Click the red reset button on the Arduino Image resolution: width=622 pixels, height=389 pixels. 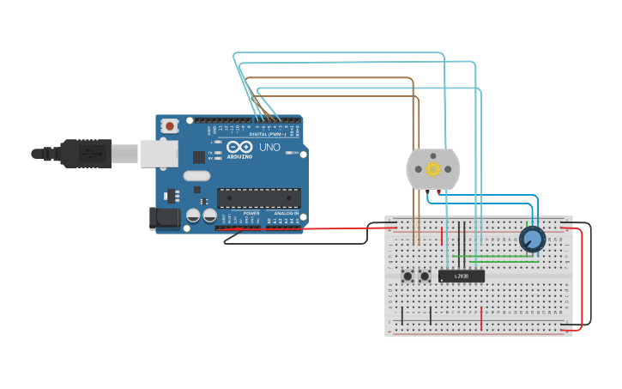click(170, 125)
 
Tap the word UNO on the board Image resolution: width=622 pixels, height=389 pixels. click(269, 147)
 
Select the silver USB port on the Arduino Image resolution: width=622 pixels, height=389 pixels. click(159, 154)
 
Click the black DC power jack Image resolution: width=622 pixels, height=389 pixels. click(164, 218)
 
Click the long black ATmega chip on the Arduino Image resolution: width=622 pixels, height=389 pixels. click(258, 198)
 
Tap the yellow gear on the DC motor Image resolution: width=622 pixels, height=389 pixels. click(432, 169)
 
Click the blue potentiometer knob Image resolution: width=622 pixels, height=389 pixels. click(532, 239)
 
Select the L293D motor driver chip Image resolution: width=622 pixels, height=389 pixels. click(461, 276)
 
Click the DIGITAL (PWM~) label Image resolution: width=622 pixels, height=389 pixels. click(268, 135)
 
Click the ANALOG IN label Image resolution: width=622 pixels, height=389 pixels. click(286, 213)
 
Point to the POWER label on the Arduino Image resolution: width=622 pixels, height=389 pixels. click(251, 213)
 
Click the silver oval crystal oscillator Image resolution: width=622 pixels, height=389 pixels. click(196, 176)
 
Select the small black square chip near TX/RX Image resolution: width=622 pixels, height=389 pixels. click(199, 156)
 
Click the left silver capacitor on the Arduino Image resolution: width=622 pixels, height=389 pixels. click(194, 216)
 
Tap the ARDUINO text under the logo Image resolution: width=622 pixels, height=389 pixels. click(240, 157)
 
